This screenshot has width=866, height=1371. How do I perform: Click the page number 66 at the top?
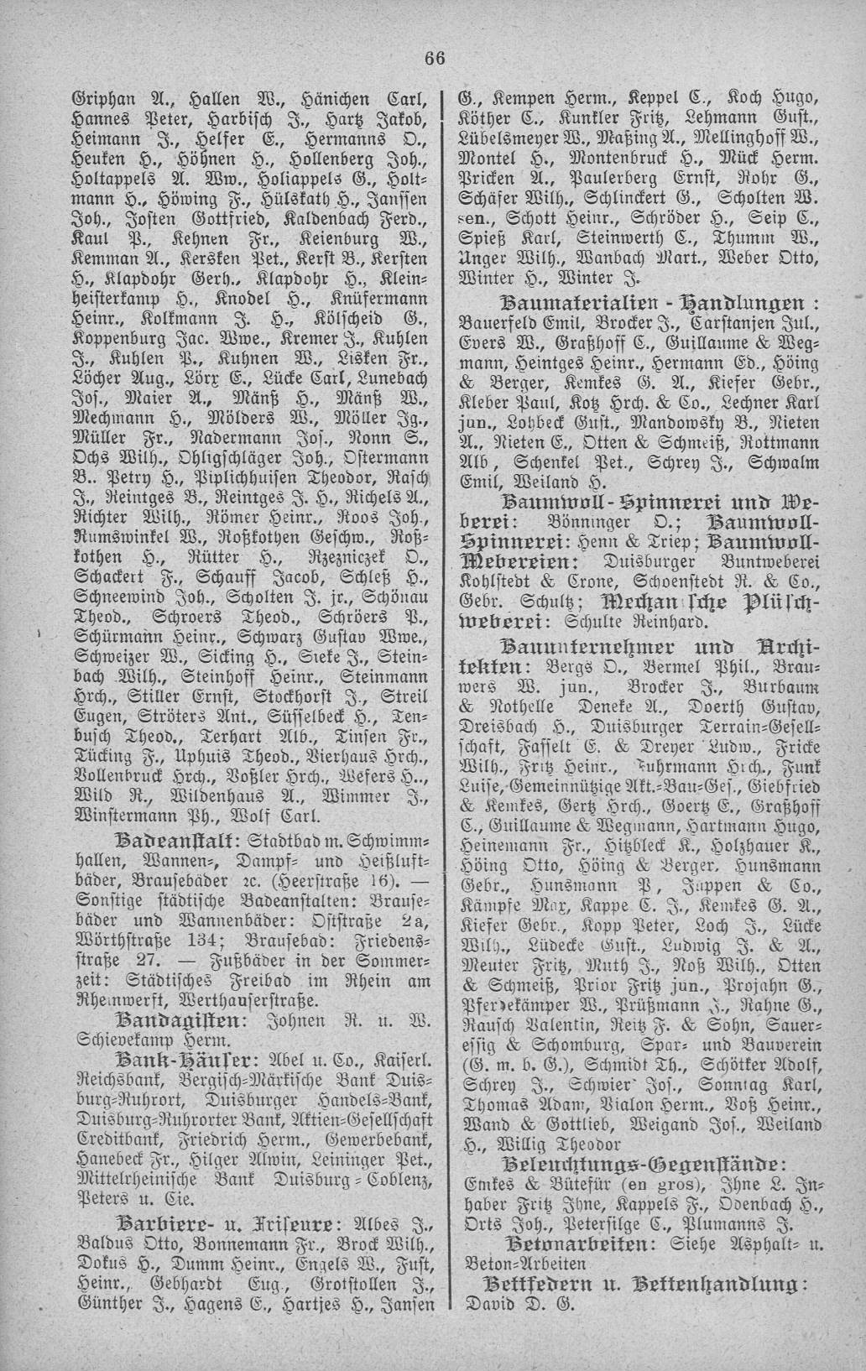[433, 58]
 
